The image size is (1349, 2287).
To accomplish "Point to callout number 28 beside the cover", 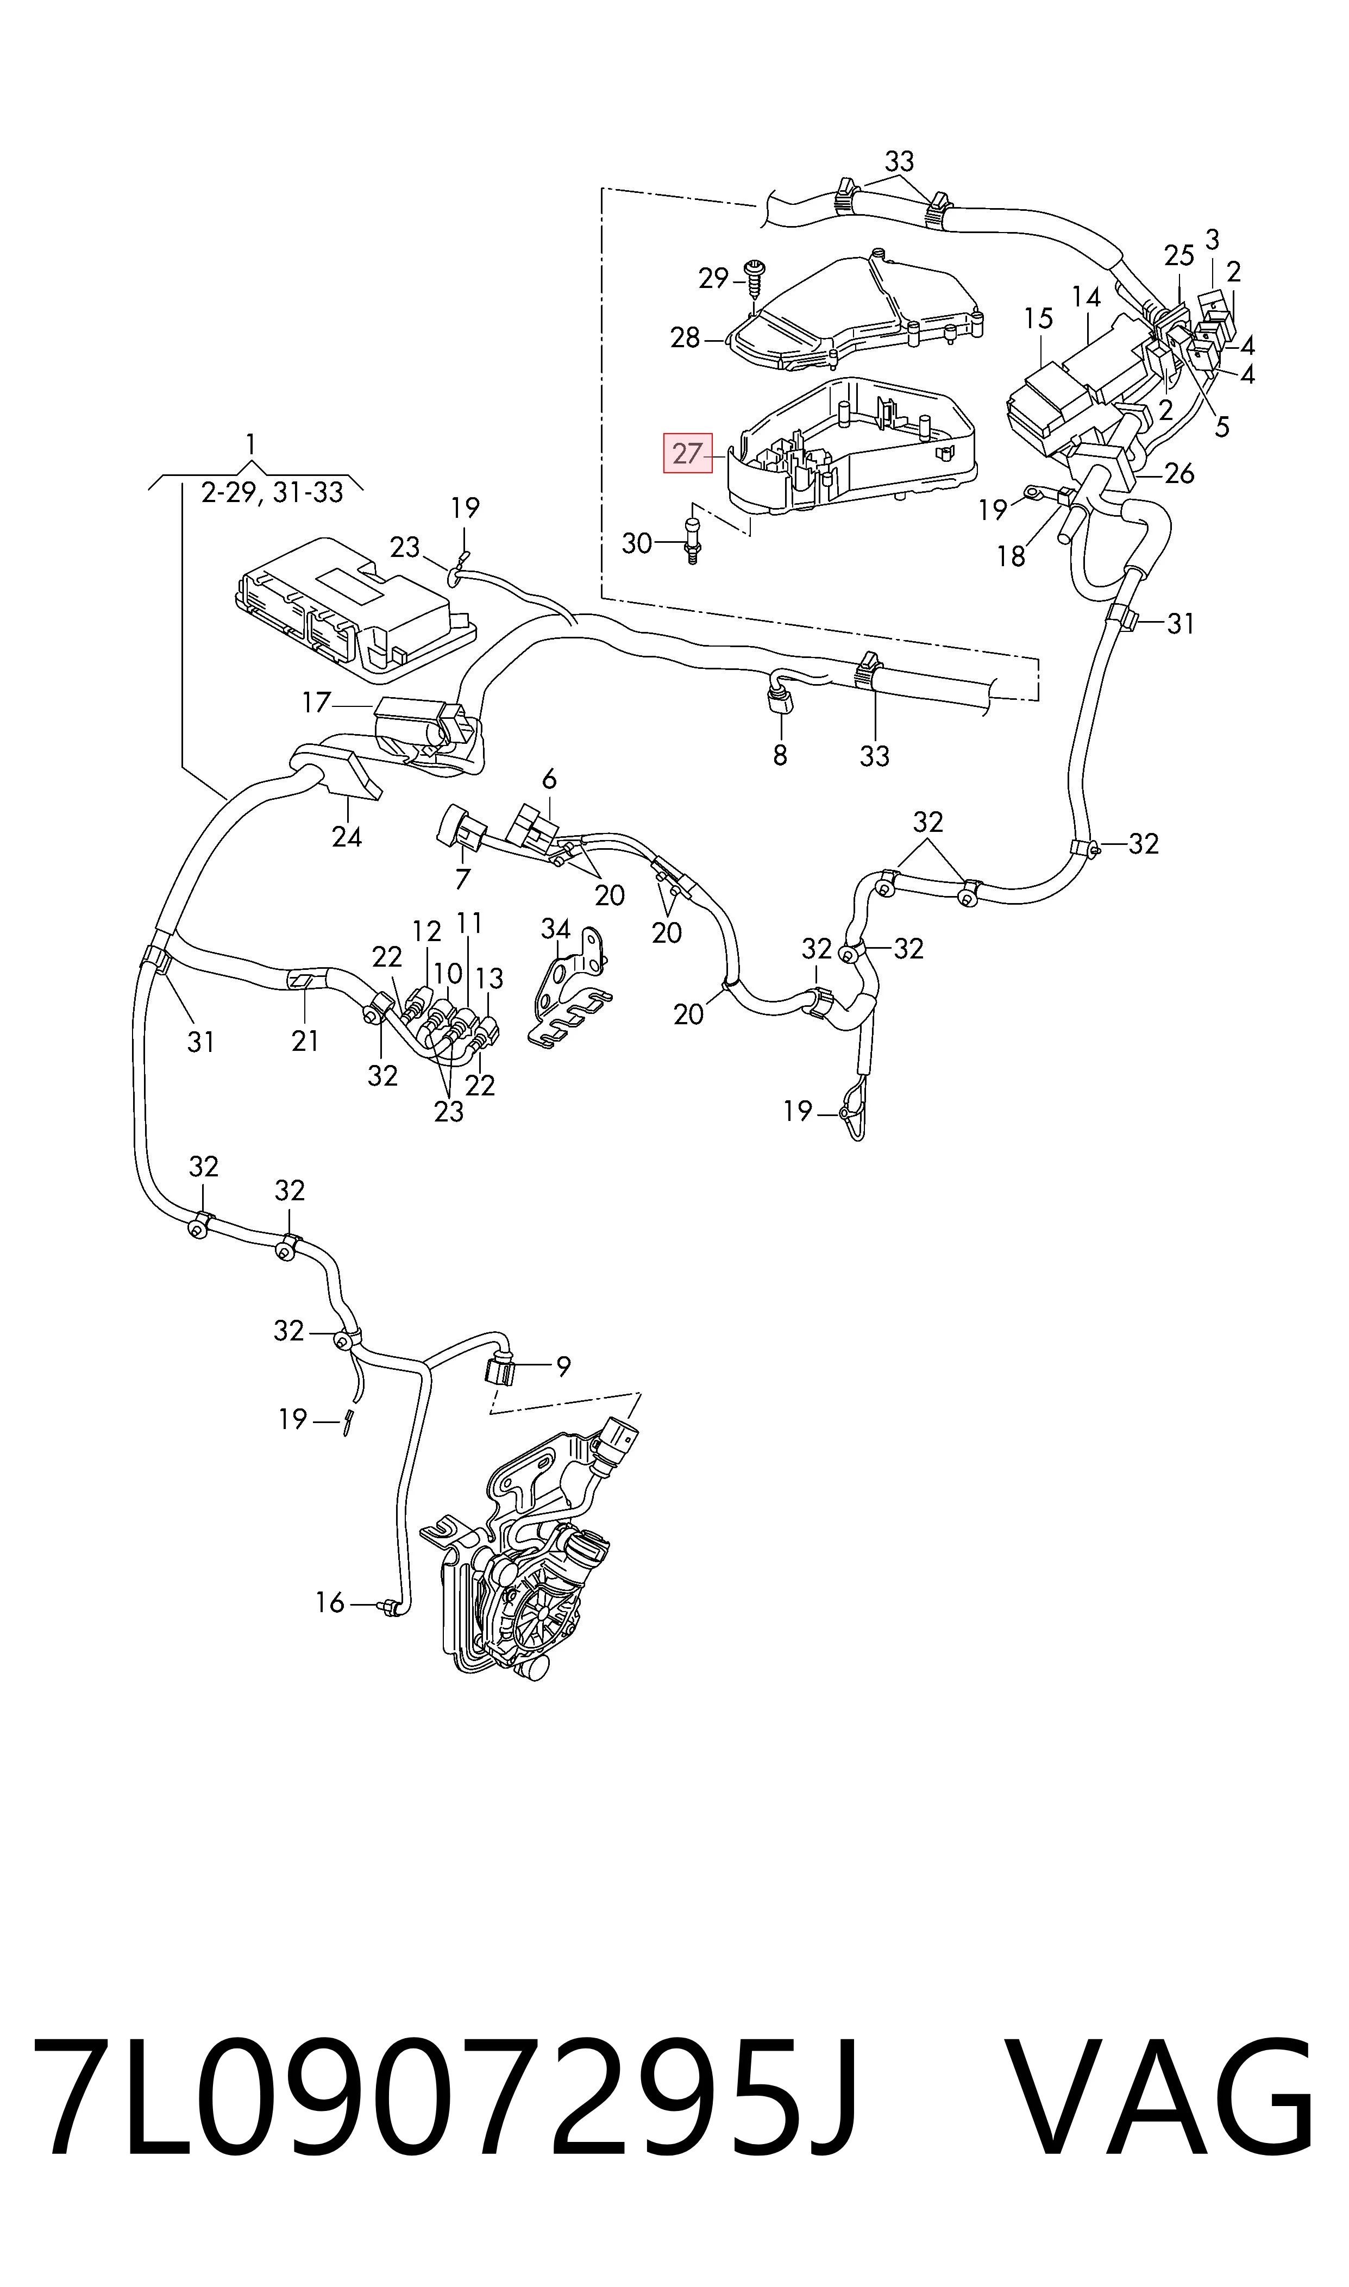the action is click(x=686, y=338).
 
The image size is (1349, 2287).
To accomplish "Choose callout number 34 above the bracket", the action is click(x=555, y=929).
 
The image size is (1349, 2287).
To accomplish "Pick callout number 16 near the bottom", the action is click(x=330, y=1602).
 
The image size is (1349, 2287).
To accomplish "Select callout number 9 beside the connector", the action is click(x=563, y=1365).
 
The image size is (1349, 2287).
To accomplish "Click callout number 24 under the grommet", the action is click(x=346, y=836).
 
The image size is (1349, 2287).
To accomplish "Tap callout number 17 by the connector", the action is click(x=316, y=703).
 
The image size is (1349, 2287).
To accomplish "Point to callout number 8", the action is click(x=780, y=755).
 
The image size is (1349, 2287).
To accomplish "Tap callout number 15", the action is click(x=1038, y=318).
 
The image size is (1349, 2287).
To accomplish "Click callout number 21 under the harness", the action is click(x=305, y=1041).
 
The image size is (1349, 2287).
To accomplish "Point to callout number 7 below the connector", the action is click(x=463, y=879).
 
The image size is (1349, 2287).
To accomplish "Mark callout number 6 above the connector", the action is click(x=549, y=779).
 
